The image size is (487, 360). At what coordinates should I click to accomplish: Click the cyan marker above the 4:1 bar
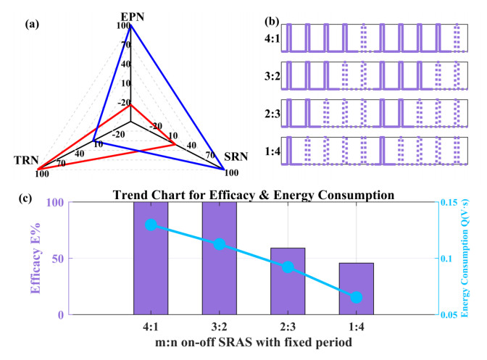coord(151,225)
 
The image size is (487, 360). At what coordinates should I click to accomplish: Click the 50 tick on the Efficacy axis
coord(57,259)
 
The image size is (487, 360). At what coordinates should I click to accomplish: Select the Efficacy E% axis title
coord(36,259)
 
